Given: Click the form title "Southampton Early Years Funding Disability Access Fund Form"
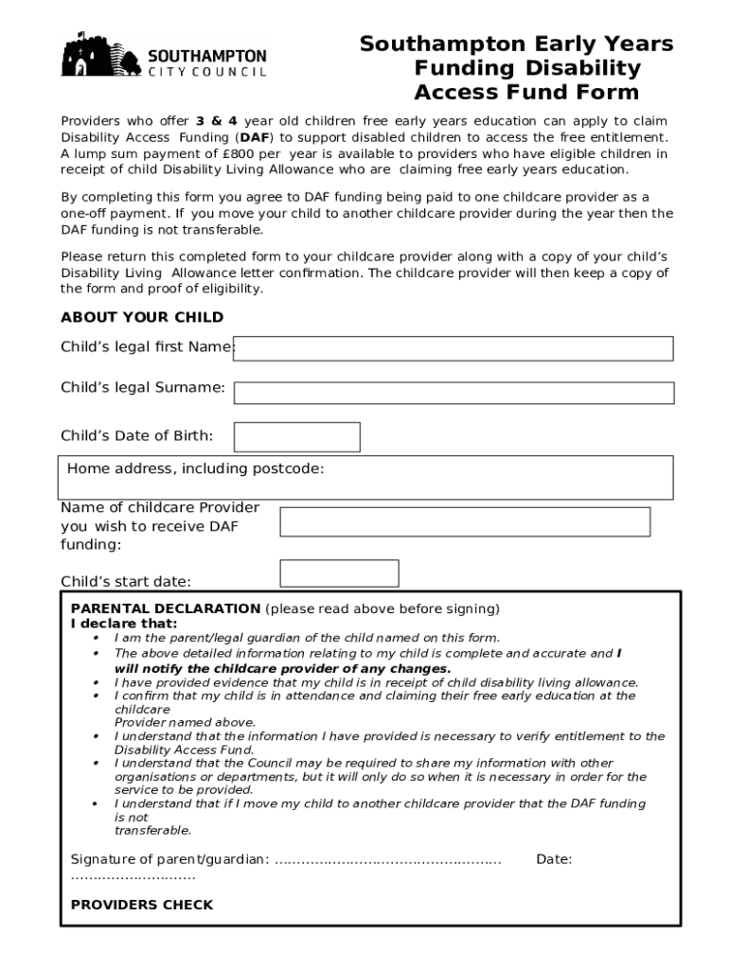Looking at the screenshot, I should pos(517,68).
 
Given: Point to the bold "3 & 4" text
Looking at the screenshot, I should pos(217,121).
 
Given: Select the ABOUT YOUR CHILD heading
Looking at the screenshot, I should pos(142,317).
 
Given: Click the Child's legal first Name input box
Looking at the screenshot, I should pos(453,348).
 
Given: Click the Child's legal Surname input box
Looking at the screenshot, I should pos(453,393).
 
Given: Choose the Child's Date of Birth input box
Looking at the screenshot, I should pos(296,437).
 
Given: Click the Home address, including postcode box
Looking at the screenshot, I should pos(365,478).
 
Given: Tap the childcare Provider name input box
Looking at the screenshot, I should pos(465,521).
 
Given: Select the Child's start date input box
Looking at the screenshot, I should pos(339,573).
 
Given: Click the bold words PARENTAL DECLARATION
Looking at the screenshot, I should pos(166,608).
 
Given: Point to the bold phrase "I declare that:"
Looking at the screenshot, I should pos(124,624).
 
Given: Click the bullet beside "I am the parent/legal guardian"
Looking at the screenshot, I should pos(96,639).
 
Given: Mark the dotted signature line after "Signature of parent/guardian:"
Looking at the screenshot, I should pos(387,860).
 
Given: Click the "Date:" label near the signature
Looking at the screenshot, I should pos(554,859).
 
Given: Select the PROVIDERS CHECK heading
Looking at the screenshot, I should pos(142,905).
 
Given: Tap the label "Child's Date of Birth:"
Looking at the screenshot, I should pos(136,436).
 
